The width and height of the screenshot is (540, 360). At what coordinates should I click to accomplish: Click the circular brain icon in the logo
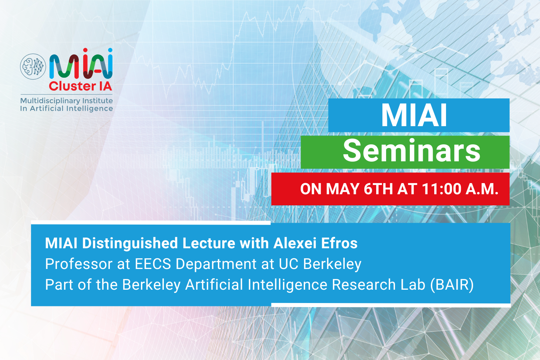[33, 67]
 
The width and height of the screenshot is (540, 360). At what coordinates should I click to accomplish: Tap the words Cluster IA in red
[81, 86]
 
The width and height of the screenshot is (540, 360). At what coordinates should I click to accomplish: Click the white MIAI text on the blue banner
[414, 115]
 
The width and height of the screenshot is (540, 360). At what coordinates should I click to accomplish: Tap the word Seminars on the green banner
[412, 151]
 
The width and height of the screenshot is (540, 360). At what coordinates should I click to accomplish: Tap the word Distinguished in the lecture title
[130, 243]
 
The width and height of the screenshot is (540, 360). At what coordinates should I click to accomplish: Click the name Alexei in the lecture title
[295, 243]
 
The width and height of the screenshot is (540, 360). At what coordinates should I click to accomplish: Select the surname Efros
[339, 243]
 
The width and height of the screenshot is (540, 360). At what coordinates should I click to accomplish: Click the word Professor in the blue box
[78, 264]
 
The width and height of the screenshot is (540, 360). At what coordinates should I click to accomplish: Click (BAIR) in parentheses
[452, 285]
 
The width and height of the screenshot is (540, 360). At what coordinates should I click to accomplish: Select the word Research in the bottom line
[364, 285]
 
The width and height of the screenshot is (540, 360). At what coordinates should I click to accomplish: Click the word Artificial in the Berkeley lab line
[214, 285]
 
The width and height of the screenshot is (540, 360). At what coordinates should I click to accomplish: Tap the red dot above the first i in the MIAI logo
[85, 50]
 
